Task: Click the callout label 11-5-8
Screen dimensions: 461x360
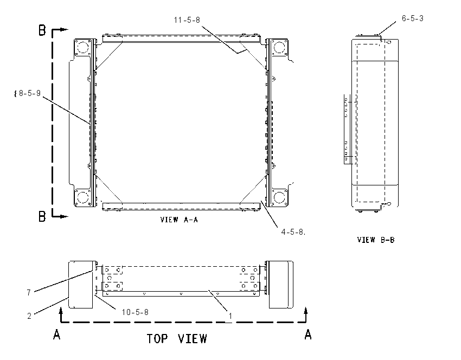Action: click(x=187, y=20)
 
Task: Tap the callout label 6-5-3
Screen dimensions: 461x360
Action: click(x=413, y=18)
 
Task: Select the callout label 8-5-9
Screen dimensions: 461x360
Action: click(x=30, y=93)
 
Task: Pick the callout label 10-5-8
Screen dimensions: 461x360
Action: click(x=135, y=312)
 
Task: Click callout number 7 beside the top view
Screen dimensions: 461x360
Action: click(x=29, y=293)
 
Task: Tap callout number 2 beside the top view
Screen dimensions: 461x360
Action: click(x=29, y=316)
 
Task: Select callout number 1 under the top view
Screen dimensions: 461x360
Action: click(x=230, y=316)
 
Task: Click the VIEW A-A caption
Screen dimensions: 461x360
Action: click(x=179, y=220)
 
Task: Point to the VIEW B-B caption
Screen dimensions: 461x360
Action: click(x=376, y=240)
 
